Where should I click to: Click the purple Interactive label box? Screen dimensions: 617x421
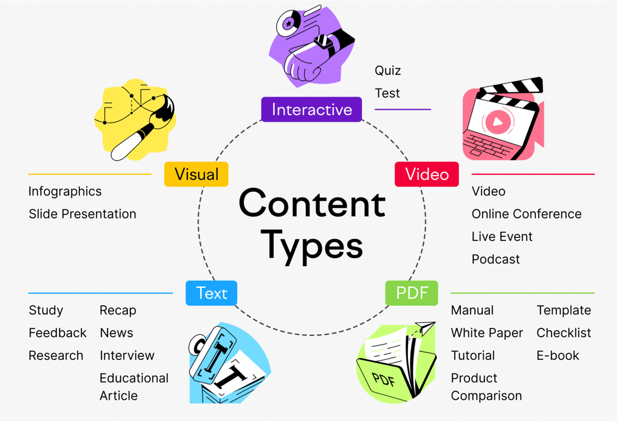pos(311,109)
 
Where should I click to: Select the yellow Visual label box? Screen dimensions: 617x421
pos(196,174)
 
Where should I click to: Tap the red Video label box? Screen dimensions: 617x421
pos(426,174)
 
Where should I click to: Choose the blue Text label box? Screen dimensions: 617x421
pos(211,293)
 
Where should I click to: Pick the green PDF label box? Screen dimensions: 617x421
pos(412,293)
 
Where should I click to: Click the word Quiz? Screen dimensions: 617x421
pos(388,70)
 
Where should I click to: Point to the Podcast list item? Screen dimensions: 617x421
pos(495,259)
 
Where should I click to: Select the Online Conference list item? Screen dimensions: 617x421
pos(526,214)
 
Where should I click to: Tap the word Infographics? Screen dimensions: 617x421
pos(65,192)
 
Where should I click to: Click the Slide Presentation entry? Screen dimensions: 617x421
pos(82,214)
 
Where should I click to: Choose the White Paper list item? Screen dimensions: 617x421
pos(487,333)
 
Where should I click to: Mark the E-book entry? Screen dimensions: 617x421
pos(557,355)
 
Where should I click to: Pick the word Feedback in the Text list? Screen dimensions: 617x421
pos(57,333)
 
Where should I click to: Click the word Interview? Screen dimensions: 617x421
pos(127,355)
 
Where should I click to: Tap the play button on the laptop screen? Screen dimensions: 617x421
pos(497,122)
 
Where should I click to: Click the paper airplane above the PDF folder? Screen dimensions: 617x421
pos(424,328)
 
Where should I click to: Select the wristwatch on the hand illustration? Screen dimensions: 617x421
pos(324,41)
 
